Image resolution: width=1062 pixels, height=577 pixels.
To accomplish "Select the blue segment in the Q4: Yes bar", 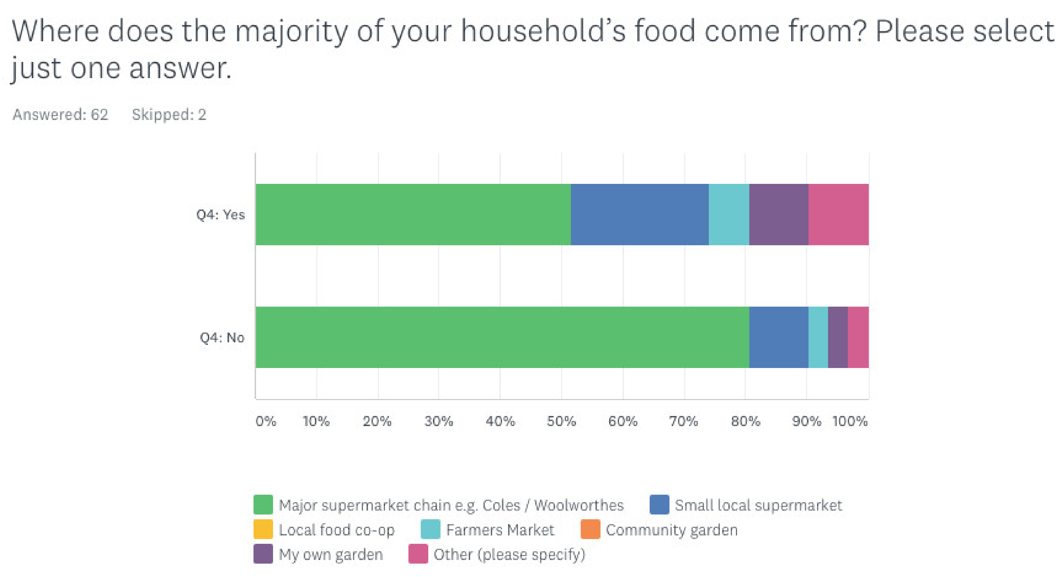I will click(639, 214).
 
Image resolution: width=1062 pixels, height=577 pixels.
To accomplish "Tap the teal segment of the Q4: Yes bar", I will click(728, 214).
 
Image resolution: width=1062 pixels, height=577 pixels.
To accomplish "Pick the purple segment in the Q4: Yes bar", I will click(778, 214).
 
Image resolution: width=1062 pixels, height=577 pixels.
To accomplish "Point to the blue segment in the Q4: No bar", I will click(778, 337).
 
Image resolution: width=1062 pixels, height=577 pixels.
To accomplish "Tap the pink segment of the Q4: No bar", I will click(858, 337).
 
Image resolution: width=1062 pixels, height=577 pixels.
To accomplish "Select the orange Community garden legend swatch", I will click(590, 530).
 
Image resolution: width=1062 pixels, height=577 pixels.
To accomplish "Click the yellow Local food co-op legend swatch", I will click(263, 530).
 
